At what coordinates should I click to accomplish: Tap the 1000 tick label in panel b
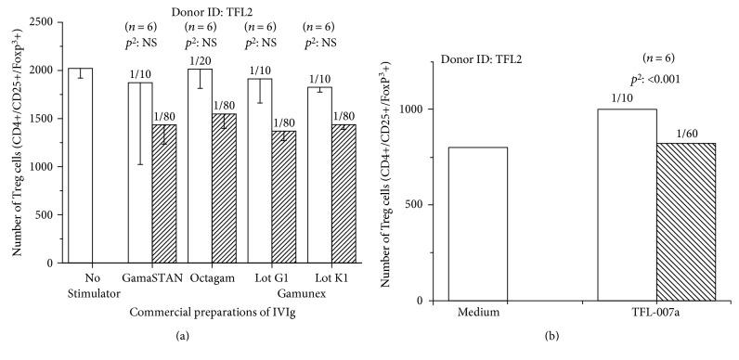pyautogui.click(x=423, y=109)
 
